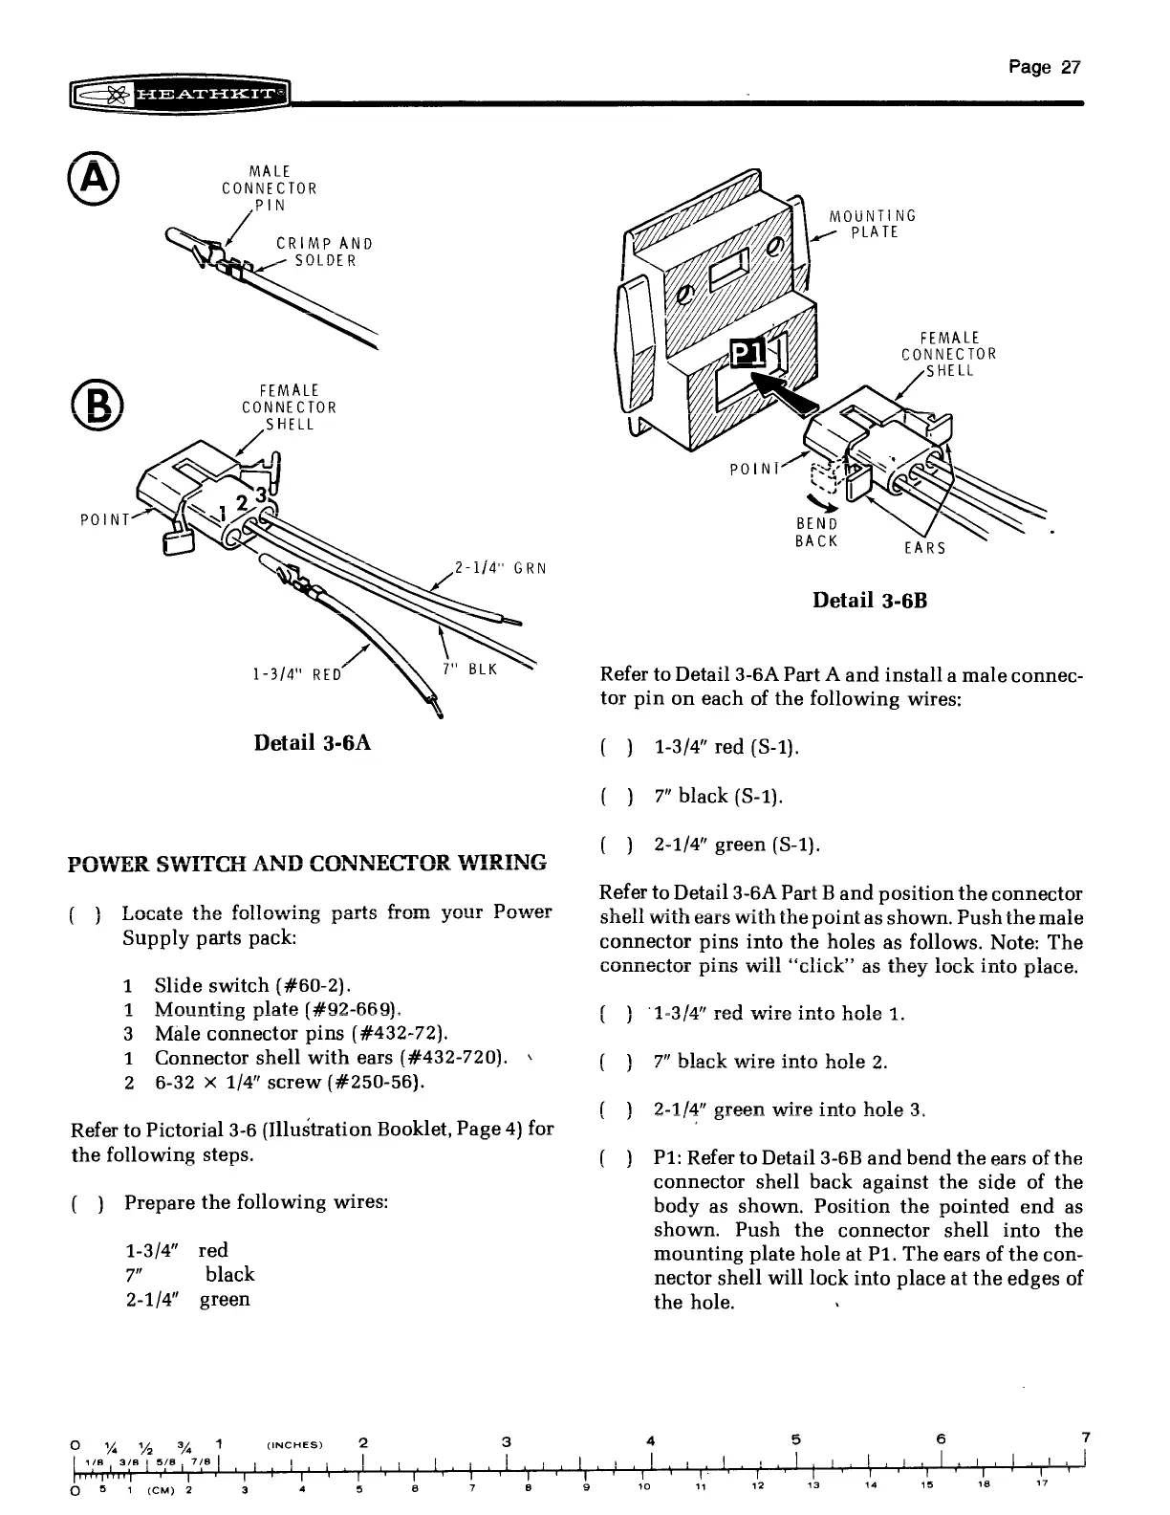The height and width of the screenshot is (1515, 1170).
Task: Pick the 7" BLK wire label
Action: click(x=472, y=669)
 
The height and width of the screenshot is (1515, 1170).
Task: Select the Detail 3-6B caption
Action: click(x=869, y=601)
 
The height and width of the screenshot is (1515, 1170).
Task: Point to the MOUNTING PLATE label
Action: click(x=872, y=224)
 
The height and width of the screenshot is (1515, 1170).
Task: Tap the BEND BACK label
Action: click(x=816, y=532)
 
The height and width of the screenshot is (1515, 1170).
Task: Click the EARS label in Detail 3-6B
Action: click(x=924, y=548)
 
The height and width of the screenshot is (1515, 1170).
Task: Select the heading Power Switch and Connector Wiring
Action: click(x=309, y=863)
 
